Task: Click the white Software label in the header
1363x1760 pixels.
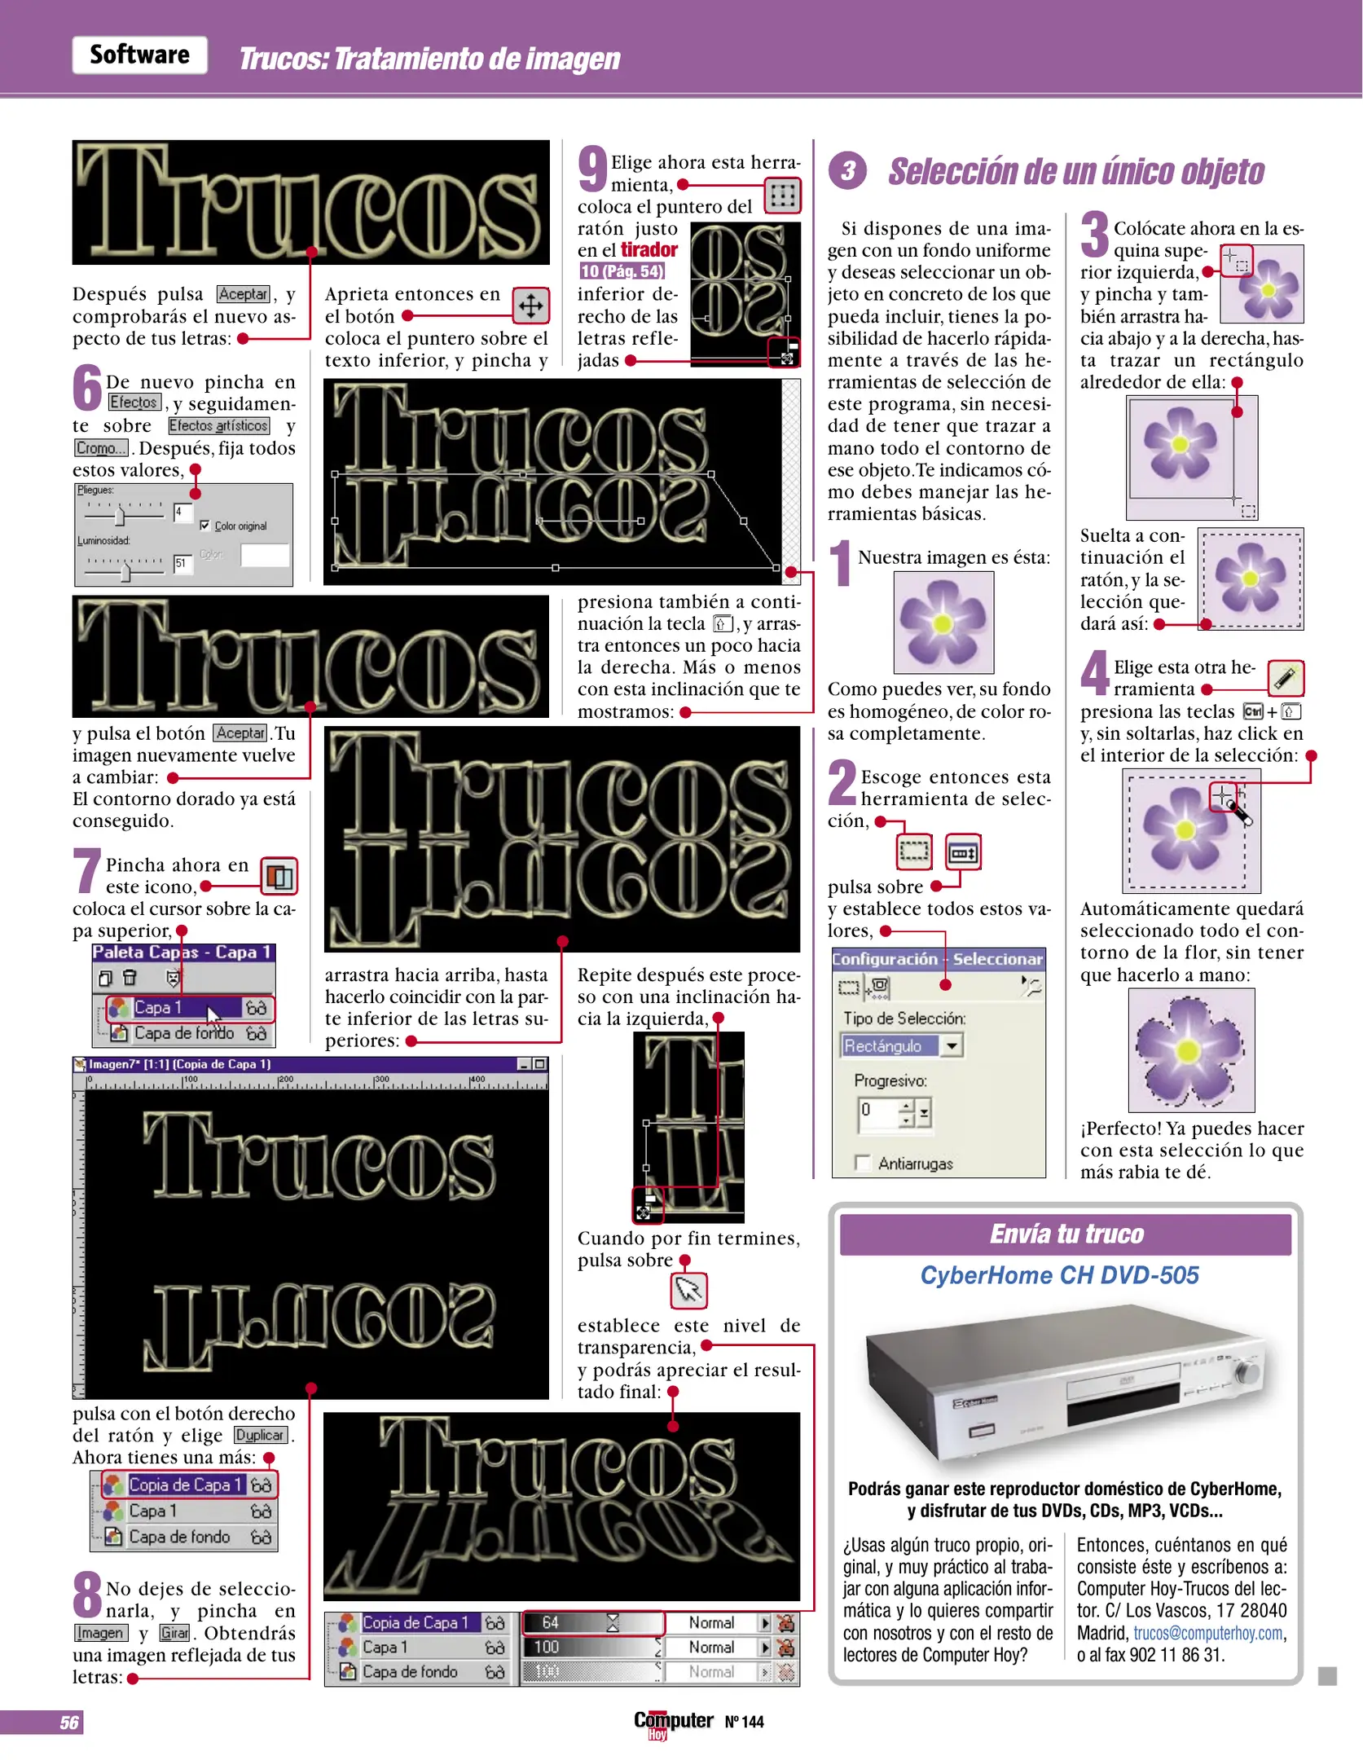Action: coord(139,55)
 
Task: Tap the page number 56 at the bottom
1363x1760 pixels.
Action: coord(69,1722)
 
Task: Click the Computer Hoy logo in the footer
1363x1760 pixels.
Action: coord(674,1723)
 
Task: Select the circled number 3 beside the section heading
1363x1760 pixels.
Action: coord(847,170)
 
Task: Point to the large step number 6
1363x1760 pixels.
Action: coord(87,388)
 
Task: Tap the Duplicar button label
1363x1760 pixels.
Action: coord(260,1435)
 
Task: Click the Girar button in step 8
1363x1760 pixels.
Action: coord(174,1632)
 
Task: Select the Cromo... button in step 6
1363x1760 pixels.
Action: coord(101,448)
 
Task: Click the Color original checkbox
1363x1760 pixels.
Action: coord(204,526)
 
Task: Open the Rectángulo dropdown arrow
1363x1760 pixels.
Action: coord(952,1045)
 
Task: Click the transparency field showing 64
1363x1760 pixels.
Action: coord(591,1622)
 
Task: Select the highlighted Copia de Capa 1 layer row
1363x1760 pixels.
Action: coord(189,1485)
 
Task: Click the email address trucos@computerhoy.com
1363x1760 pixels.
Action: coord(1208,1633)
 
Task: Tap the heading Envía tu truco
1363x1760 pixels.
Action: coord(1066,1234)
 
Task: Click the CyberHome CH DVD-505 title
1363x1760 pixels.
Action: coord(1059,1275)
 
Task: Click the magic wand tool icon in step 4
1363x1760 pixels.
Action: coord(1285,678)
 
